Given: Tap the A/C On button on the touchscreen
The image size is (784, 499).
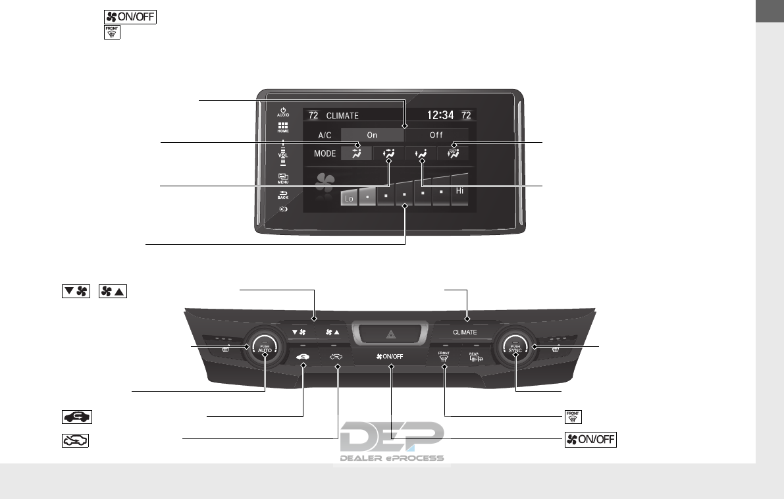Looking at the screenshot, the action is coord(372,135).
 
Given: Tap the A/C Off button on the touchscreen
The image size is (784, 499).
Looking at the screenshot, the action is coord(436,135).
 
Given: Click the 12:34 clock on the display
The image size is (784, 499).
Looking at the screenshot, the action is coord(440,115).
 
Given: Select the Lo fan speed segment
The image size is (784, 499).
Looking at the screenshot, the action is coord(349,197).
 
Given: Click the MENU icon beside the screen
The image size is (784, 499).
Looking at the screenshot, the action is coord(282,178).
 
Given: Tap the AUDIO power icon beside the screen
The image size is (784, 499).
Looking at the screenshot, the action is coord(282,111).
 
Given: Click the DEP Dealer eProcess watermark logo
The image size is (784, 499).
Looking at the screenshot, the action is coord(392,442).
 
